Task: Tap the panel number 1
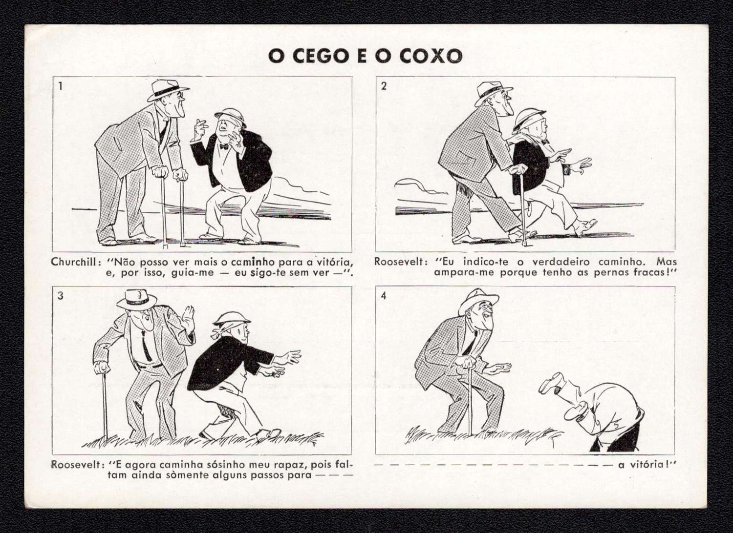[x=60, y=86]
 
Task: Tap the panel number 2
[x=384, y=86]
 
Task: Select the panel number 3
[x=61, y=296]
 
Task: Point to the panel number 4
[x=384, y=296]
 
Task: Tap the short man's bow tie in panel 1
[x=224, y=146]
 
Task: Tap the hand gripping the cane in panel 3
[x=102, y=369]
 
